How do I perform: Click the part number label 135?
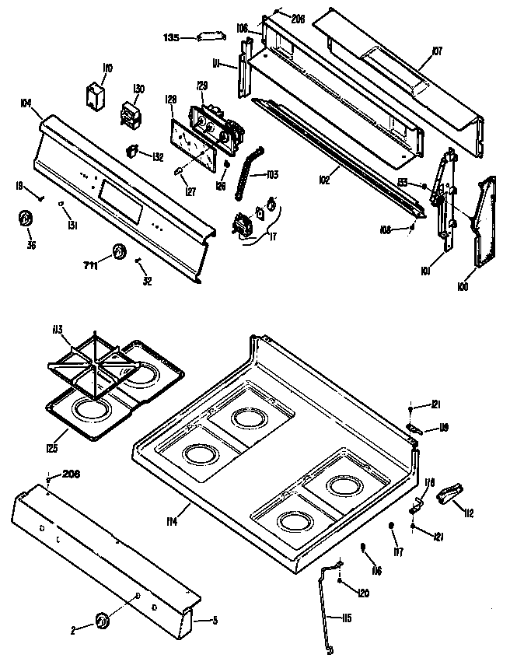[171, 36]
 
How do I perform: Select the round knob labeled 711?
[118, 252]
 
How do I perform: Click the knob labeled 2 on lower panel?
[102, 620]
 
